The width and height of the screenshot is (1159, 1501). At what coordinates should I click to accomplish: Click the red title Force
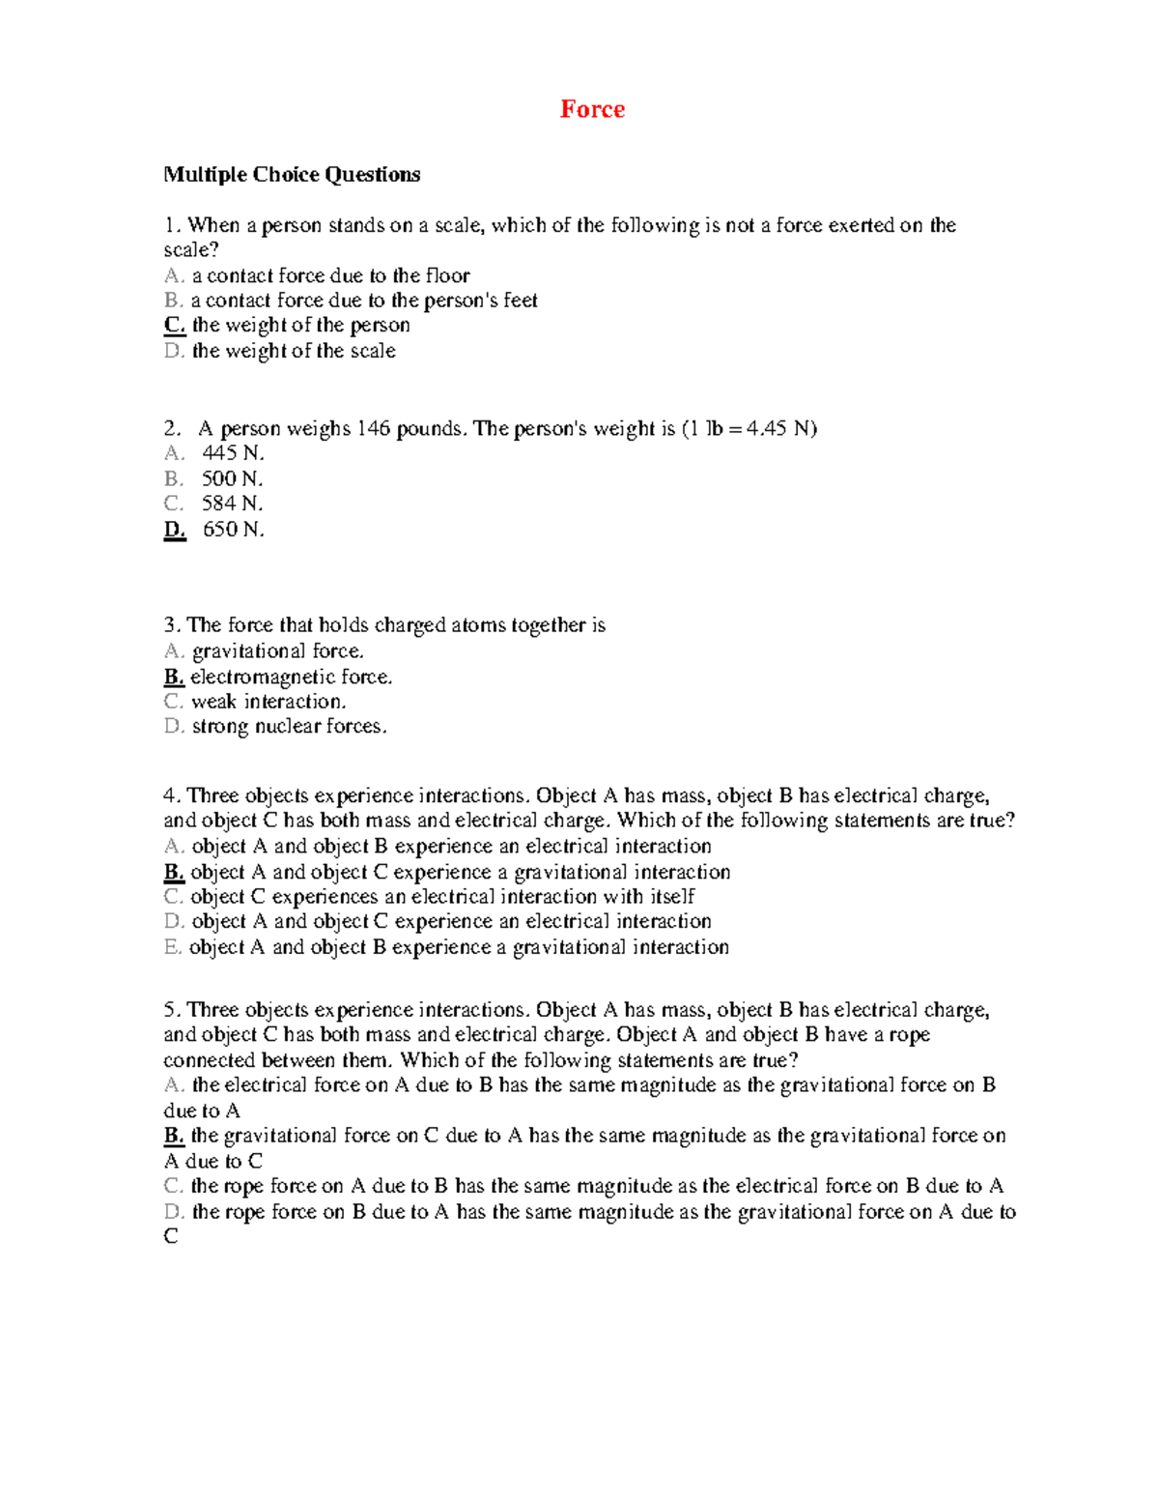click(x=592, y=109)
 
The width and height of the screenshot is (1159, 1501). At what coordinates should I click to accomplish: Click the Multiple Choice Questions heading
click(x=292, y=175)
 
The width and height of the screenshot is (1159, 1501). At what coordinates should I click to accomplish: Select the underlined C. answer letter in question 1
click(x=174, y=326)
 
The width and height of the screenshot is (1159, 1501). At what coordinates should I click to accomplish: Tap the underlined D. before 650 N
click(x=174, y=530)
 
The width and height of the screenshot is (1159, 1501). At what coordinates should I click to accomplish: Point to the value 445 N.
click(x=232, y=453)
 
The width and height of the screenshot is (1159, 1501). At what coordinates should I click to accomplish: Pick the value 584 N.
click(x=232, y=504)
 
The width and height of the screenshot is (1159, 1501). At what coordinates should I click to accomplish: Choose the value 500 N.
click(x=232, y=478)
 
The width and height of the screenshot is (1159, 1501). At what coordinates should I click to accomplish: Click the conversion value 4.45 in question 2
click(x=767, y=429)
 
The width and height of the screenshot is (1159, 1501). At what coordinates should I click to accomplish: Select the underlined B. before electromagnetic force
click(x=174, y=677)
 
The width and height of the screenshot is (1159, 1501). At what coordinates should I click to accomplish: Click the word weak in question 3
click(x=213, y=702)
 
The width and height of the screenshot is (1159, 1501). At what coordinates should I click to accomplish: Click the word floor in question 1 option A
click(x=447, y=275)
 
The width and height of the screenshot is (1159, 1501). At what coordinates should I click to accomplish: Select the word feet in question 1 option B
click(x=520, y=301)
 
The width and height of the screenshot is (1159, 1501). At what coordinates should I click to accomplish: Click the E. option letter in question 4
click(x=173, y=947)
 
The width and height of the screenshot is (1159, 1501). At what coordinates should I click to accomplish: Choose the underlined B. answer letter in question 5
click(x=174, y=1136)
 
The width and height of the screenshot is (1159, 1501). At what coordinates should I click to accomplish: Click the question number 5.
click(x=171, y=1010)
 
